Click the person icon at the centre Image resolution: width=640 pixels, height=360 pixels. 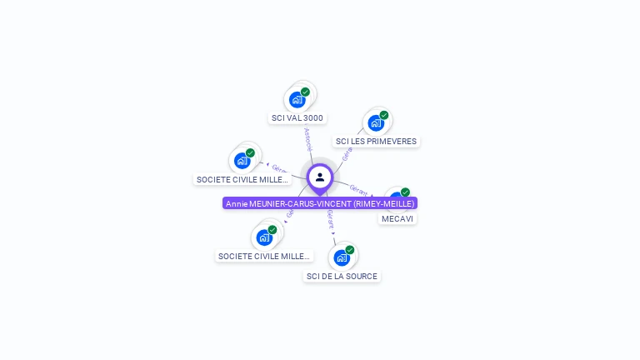click(x=320, y=177)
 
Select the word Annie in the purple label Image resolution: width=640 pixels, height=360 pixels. click(x=237, y=203)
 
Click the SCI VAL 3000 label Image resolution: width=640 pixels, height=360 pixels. click(x=297, y=118)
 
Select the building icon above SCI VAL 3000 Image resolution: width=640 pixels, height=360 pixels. click(x=297, y=100)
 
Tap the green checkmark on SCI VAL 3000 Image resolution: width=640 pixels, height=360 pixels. click(x=306, y=92)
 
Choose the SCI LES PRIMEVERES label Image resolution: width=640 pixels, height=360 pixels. click(x=376, y=142)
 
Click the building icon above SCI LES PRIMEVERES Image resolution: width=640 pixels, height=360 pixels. click(x=376, y=123)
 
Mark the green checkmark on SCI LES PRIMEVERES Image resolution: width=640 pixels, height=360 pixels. click(x=384, y=115)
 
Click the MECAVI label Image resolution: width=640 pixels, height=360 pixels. click(x=397, y=218)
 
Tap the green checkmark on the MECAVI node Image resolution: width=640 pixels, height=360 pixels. click(x=405, y=192)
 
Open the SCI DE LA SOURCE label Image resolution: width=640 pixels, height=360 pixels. click(x=342, y=276)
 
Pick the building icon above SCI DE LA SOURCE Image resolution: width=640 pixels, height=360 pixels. click(x=341, y=257)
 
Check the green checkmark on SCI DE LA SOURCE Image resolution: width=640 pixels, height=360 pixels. click(x=350, y=250)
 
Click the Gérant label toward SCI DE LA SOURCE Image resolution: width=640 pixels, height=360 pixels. click(x=330, y=219)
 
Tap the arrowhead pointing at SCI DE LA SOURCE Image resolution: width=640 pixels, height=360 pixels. click(x=335, y=242)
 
